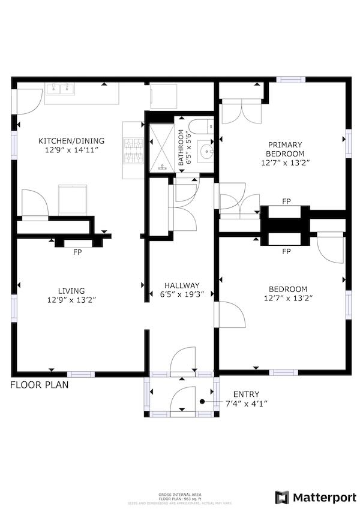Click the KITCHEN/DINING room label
coord(71,141)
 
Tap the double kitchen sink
coord(62,91)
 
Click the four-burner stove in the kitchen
coord(133,150)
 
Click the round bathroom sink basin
coord(206,150)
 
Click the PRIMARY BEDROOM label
coord(285,149)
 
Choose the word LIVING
coord(71,291)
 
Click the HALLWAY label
coord(182,285)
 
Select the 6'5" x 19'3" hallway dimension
coord(182,295)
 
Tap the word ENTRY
coord(246,394)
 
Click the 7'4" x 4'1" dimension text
coord(246,403)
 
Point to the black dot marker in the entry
coord(203,401)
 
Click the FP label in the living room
coord(77,252)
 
